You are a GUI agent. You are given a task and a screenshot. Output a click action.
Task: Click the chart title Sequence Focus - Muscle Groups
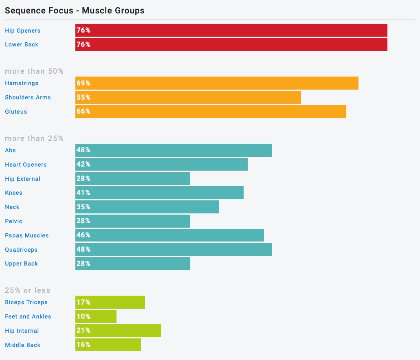click(75, 11)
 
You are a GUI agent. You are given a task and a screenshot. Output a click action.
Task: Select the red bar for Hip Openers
click(231, 31)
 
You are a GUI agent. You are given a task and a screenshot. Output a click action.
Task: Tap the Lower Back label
click(22, 44)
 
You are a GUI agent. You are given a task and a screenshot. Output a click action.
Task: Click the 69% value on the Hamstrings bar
click(84, 83)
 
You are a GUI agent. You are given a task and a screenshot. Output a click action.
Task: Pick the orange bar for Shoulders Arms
click(188, 97)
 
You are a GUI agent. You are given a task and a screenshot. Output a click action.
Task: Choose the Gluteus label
click(16, 112)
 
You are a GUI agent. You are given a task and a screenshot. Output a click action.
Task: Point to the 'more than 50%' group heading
click(34, 71)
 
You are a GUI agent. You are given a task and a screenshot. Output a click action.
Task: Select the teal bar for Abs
click(174, 150)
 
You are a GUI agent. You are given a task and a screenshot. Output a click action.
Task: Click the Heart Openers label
click(26, 165)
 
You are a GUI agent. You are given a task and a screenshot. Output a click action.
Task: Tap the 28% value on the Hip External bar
click(84, 178)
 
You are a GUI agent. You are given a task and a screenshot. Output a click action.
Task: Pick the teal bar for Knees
click(159, 193)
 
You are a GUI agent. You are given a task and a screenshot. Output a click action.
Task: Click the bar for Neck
click(147, 207)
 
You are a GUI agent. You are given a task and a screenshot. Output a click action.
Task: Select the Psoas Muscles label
click(26, 235)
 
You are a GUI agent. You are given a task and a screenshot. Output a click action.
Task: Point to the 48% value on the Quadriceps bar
click(84, 249)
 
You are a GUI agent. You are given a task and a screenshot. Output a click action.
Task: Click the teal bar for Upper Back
click(133, 263)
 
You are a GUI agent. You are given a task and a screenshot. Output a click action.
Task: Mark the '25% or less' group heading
click(28, 290)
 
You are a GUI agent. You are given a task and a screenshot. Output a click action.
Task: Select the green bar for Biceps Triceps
click(110, 302)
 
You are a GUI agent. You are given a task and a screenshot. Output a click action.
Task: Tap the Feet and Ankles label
click(28, 316)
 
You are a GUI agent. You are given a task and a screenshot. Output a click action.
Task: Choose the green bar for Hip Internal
click(118, 331)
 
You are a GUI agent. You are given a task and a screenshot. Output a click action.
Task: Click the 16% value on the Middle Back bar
click(84, 345)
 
